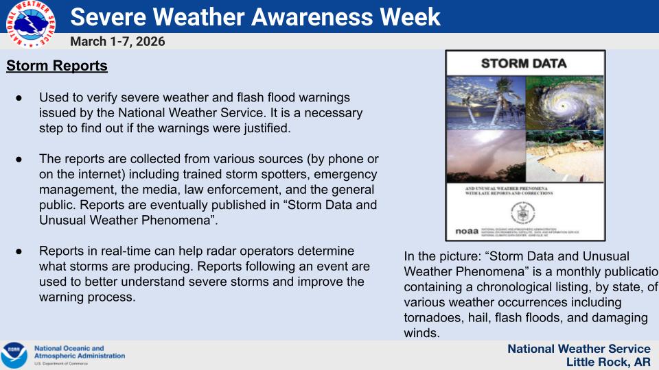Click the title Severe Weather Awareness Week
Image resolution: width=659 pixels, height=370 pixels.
(x=255, y=16)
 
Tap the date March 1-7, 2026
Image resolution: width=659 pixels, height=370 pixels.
(x=117, y=42)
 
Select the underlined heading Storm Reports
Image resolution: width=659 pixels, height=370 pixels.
(x=57, y=66)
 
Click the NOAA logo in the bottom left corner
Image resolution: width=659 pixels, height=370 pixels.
(x=14, y=355)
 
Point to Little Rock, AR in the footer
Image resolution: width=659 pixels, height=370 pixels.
(x=608, y=362)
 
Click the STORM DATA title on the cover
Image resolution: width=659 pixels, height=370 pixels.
(x=524, y=64)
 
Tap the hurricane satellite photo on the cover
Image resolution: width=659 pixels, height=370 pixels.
(x=564, y=102)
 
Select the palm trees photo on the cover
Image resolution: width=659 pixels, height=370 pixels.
(x=485, y=102)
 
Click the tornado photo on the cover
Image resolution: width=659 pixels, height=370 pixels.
(x=485, y=156)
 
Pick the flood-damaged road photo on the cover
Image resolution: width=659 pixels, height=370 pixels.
(x=564, y=156)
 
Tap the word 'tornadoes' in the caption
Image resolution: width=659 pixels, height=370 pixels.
(x=431, y=318)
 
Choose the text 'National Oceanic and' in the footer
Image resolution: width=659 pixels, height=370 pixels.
(x=69, y=348)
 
